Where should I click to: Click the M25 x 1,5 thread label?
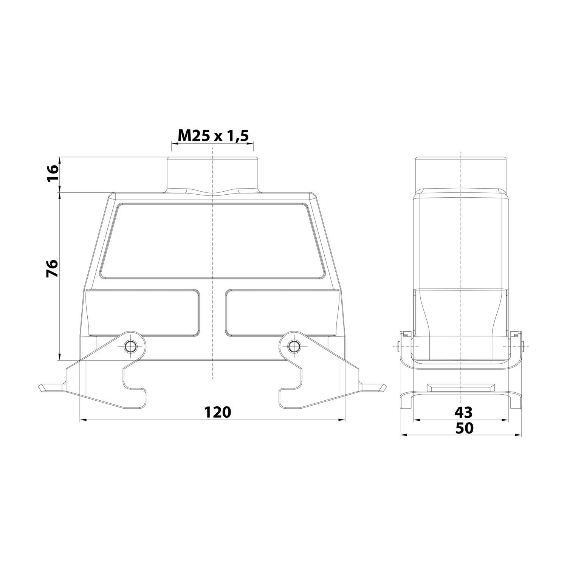click(213, 135)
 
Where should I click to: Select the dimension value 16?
click(53, 174)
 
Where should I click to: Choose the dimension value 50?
click(464, 428)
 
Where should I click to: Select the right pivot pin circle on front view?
click(293, 345)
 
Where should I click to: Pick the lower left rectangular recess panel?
click(143, 313)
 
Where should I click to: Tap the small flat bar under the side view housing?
click(461, 388)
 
